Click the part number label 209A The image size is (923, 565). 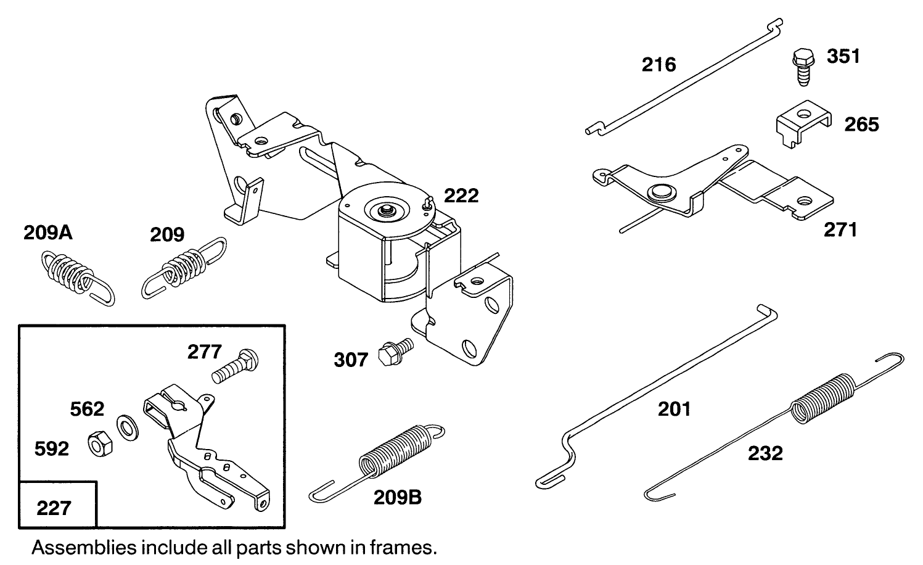point(48,233)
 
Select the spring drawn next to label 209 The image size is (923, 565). point(184,267)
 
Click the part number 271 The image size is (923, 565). point(840,230)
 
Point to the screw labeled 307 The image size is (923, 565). point(393,352)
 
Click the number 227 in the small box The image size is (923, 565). point(54,508)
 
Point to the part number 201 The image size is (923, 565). point(674,409)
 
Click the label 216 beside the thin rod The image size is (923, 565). point(658,64)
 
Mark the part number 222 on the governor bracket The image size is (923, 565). point(461,196)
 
